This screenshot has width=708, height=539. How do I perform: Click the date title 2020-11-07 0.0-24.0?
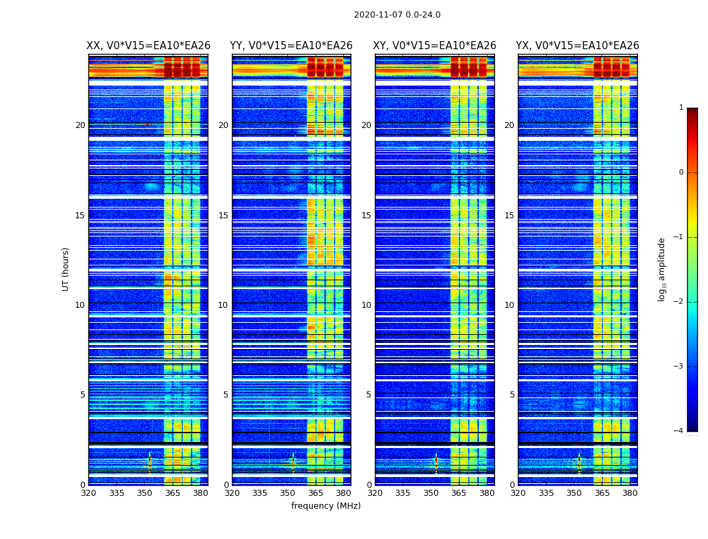[x=397, y=15]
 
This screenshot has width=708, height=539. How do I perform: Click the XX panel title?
[x=148, y=46]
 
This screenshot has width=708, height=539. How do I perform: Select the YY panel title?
[x=291, y=46]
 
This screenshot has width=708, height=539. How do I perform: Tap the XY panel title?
[x=434, y=46]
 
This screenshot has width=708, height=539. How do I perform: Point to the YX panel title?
[x=577, y=46]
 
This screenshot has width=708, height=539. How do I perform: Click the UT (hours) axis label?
[x=66, y=269]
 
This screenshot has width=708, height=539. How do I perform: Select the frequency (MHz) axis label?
[x=326, y=506]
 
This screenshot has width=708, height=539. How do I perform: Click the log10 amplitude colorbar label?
[x=662, y=269]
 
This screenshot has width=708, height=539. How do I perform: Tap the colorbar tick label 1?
[x=681, y=108]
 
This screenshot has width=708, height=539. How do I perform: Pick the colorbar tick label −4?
[x=679, y=431]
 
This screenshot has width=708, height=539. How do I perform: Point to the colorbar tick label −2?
[x=679, y=302]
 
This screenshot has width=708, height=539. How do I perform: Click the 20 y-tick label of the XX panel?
[x=80, y=125]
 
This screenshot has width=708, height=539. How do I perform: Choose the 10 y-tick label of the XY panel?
[x=366, y=305]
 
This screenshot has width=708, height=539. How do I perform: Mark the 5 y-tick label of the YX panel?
[x=512, y=395]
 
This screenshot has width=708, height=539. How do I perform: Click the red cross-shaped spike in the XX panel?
[x=150, y=459]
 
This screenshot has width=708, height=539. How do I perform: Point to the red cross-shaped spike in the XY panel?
[x=436, y=460]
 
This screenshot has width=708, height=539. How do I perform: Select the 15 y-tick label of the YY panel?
[x=223, y=216]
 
